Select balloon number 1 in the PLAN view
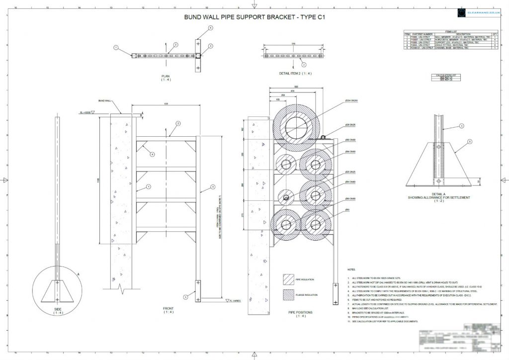(x=115, y=48)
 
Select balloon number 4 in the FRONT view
(x=153, y=154)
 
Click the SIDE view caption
(x=59, y=310)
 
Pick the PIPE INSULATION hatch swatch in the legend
(x=289, y=278)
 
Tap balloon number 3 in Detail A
(x=461, y=126)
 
